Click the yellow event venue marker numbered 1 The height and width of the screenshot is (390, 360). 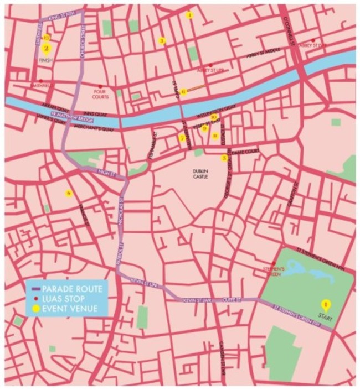pos(326,304)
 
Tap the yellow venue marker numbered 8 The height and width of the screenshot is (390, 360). pos(69,193)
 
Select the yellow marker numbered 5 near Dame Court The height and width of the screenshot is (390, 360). pos(224,158)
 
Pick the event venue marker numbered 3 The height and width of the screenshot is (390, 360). pos(162,40)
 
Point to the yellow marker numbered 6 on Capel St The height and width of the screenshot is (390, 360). pos(183,92)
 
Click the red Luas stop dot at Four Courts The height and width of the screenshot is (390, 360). pos(100,86)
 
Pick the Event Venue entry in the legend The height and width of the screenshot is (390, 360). pos(66,308)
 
